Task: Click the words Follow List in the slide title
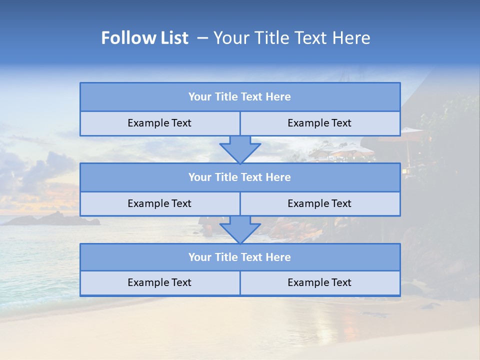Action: [144, 38]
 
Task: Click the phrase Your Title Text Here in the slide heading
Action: [291, 38]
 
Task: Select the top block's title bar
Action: [240, 97]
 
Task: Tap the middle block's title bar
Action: [240, 177]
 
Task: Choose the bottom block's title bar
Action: [240, 257]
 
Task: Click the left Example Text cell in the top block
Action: [159, 123]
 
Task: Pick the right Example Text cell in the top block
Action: [319, 123]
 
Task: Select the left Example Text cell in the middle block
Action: [159, 204]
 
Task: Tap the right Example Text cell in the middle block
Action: [319, 204]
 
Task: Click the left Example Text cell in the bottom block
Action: [159, 283]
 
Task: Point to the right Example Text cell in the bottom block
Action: [319, 283]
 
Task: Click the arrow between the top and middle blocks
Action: [240, 149]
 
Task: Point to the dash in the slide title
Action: [202, 38]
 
